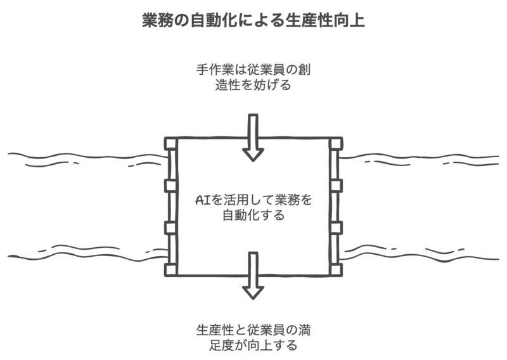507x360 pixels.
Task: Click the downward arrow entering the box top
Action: pyautogui.click(x=253, y=136)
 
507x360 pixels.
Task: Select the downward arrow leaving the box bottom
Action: pyautogui.click(x=253, y=274)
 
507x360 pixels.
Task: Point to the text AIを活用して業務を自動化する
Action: pyautogui.click(x=253, y=207)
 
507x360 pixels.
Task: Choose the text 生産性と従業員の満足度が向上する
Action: pyautogui.click(x=253, y=338)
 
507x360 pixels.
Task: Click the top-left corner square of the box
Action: pyautogui.click(x=170, y=143)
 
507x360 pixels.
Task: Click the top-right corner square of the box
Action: pyautogui.click(x=336, y=143)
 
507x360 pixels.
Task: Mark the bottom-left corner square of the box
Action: pyautogui.click(x=170, y=269)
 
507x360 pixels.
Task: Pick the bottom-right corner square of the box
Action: pyautogui.click(x=336, y=269)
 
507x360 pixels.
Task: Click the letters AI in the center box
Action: pyautogui.click(x=202, y=200)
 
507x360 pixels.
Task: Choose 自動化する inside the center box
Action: pyautogui.click(x=253, y=215)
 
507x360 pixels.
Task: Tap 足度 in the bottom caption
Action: pyautogui.click(x=224, y=346)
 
